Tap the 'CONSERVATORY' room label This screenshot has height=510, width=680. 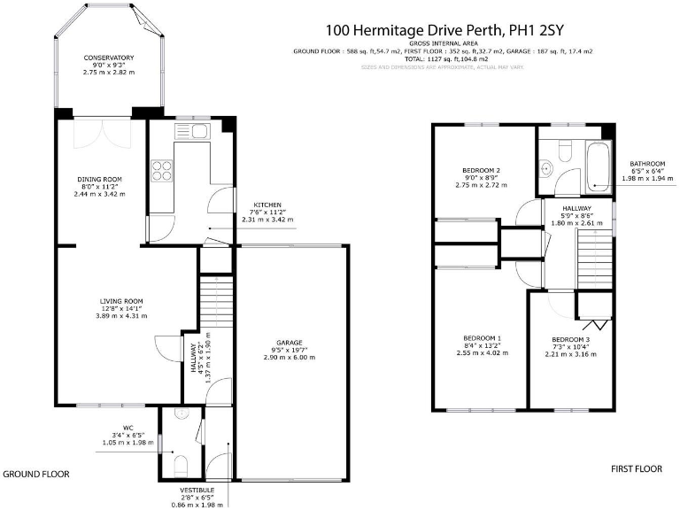[x=109, y=58]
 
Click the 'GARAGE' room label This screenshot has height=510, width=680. [x=290, y=342]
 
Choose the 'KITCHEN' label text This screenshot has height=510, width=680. [x=267, y=205]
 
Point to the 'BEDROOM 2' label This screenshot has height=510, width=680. [x=482, y=170]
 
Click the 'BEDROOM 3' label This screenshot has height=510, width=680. [x=570, y=340]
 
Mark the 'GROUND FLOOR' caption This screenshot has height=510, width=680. [x=35, y=475]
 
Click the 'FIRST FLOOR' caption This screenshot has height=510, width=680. [x=637, y=468]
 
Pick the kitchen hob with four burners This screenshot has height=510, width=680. [x=162, y=168]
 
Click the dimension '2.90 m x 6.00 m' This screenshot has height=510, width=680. [x=290, y=357]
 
